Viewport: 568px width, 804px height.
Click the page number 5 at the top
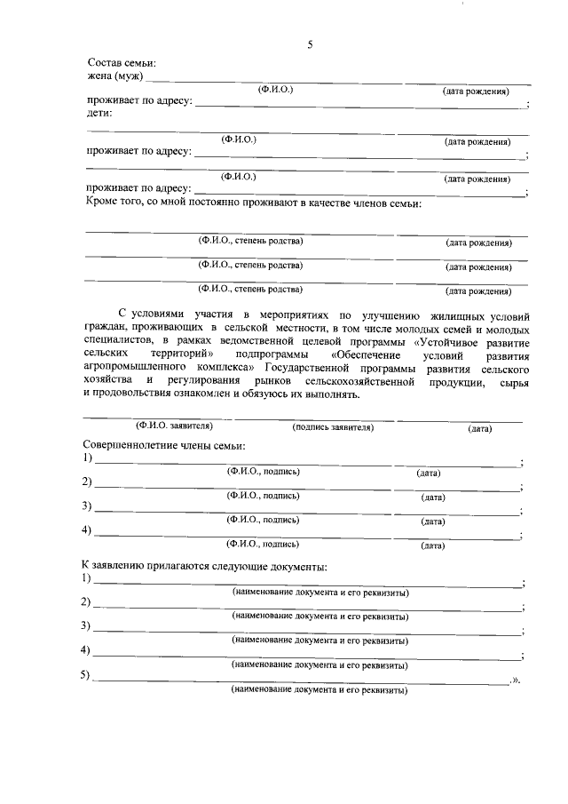(311, 45)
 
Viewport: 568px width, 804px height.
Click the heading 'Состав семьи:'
(122, 63)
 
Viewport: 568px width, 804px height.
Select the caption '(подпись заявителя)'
(333, 427)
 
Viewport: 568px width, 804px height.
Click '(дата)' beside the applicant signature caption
(480, 428)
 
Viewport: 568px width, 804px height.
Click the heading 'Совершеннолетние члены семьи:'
(164, 444)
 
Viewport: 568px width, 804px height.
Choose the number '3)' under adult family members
(87, 506)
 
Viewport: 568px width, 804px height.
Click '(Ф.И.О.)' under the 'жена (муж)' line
(275, 91)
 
